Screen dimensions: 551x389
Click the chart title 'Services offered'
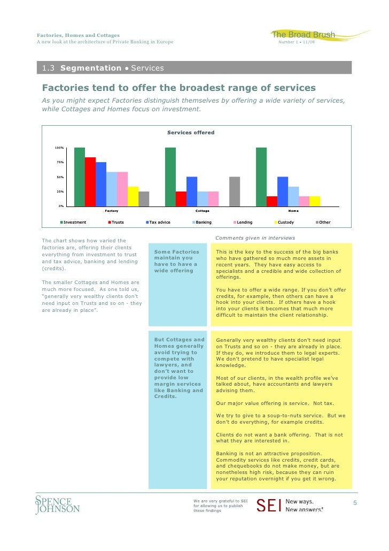[191, 133]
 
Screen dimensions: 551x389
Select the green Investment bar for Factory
[80, 177]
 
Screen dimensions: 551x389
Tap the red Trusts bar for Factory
[90, 182]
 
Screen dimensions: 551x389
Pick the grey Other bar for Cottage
[235, 192]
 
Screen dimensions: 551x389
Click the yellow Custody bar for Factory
[133, 196]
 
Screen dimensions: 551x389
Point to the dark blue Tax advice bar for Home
[283, 192]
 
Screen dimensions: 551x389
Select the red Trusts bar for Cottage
[181, 199]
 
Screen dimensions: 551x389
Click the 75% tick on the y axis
[59, 162]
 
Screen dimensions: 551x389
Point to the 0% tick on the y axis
[61, 206]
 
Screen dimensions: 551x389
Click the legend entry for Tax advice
[158, 222]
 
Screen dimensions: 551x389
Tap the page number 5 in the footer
[355, 503]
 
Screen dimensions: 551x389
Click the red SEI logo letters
[268, 506]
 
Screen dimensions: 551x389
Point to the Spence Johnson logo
[57, 504]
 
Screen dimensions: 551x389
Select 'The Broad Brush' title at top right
[304, 35]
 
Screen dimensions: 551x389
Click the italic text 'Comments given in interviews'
[255, 238]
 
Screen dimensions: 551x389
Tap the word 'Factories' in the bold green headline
[65, 88]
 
